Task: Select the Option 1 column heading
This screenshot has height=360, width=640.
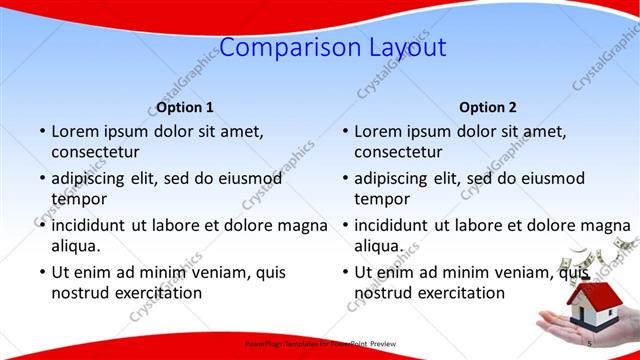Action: coord(185,107)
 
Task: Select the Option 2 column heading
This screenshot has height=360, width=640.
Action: coord(488,107)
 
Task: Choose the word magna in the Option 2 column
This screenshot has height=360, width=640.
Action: coord(605,225)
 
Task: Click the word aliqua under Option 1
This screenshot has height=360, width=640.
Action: coord(75,245)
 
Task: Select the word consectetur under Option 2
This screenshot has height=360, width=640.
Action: coord(398,152)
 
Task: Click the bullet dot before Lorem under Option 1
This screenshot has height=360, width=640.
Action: coord(42,132)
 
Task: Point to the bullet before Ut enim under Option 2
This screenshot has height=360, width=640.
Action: coord(345,273)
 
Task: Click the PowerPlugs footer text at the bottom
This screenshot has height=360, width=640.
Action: coord(320,344)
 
